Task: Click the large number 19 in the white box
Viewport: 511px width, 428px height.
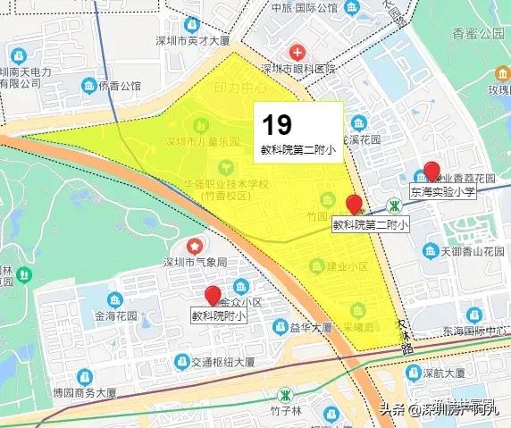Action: coord(277,124)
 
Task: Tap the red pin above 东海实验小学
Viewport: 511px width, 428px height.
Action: coord(432,171)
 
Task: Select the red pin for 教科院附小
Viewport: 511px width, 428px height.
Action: coord(213,296)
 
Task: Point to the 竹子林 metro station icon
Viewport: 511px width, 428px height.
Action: coord(286,393)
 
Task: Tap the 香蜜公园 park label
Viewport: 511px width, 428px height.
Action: coord(478,34)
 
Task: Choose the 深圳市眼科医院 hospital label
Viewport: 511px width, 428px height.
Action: coord(298,69)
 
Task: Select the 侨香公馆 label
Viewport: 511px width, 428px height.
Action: coord(121,86)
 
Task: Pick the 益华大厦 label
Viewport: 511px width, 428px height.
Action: coord(313,327)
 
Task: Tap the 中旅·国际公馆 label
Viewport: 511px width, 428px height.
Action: coord(304,8)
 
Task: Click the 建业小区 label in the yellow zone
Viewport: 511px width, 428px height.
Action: coord(348,266)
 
